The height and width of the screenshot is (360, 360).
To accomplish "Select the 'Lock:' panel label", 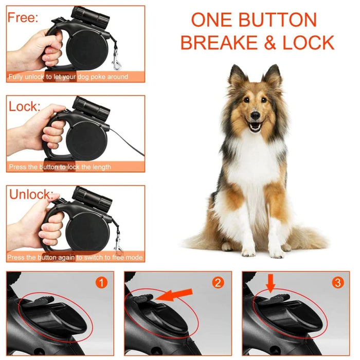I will click(x=24, y=106).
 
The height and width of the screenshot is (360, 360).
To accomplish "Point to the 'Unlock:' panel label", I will click(x=30, y=195).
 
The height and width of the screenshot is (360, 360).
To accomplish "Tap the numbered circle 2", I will click(x=219, y=282).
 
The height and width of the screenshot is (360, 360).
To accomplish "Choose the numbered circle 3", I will click(x=337, y=282).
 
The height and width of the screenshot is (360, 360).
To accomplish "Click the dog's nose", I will click(x=255, y=117).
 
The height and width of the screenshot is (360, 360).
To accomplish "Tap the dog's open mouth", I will click(x=255, y=127).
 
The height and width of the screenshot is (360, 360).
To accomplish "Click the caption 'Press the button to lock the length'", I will click(x=60, y=167).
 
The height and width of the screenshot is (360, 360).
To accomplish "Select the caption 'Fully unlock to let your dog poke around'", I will click(x=68, y=77).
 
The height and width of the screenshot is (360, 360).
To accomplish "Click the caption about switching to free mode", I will click(x=75, y=257).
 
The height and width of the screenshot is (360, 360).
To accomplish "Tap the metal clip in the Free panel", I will click(x=117, y=59).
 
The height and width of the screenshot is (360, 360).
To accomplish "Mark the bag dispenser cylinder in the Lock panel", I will click(x=91, y=107).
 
